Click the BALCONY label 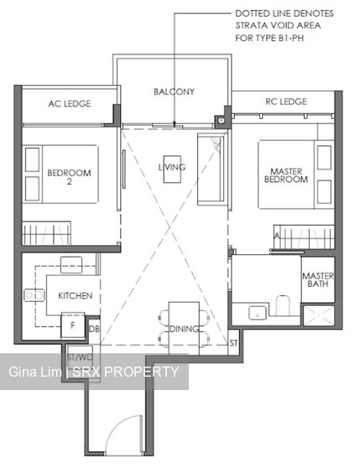click(174, 91)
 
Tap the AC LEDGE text click(69, 104)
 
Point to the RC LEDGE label click(286, 102)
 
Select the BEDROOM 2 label click(69, 177)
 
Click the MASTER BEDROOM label click(286, 175)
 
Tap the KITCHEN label click(76, 295)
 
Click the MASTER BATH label click(318, 279)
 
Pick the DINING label click(184, 329)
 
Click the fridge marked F click(73, 326)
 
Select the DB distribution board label click(94, 329)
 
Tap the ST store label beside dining click(233, 343)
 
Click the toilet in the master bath click(283, 305)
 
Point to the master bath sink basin click(258, 313)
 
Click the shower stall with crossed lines click(319, 315)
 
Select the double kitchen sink click(34, 295)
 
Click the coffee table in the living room click(172, 169)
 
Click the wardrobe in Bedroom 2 click(46, 233)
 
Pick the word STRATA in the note click(252, 25)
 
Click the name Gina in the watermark click(23, 372)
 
